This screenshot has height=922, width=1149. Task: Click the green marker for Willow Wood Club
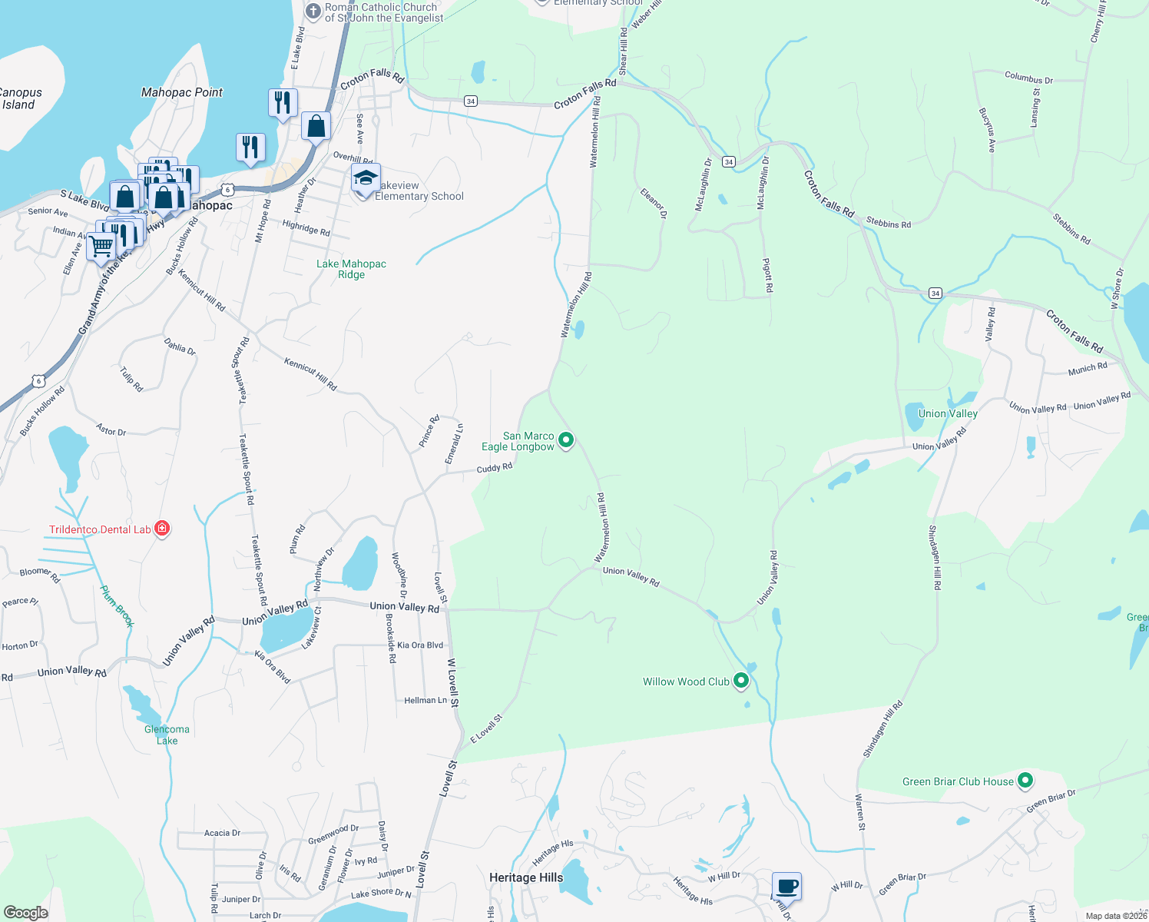point(741,681)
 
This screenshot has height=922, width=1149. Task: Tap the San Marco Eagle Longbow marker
point(566,440)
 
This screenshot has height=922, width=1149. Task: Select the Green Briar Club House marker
point(1025,781)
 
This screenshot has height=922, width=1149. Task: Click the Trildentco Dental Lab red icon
point(161,529)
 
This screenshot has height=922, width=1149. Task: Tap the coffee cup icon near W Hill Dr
point(786,887)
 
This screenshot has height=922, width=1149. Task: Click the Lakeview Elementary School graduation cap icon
point(366,179)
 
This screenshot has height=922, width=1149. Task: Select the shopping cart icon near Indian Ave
point(101,247)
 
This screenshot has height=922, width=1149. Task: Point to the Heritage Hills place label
point(526,877)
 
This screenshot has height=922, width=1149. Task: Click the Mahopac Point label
point(182,92)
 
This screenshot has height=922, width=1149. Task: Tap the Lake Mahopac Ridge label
point(352,269)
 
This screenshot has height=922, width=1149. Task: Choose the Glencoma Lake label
point(167,735)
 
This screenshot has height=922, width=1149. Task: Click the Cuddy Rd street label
point(494,468)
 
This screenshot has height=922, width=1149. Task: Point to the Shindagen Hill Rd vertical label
point(934,557)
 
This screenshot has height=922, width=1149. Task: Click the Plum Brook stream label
point(117,606)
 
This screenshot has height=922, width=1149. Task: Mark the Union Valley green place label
point(948,413)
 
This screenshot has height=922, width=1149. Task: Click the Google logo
point(25,913)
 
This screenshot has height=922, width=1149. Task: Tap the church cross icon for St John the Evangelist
point(313,12)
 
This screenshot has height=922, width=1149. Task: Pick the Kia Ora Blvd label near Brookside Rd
point(419,645)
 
